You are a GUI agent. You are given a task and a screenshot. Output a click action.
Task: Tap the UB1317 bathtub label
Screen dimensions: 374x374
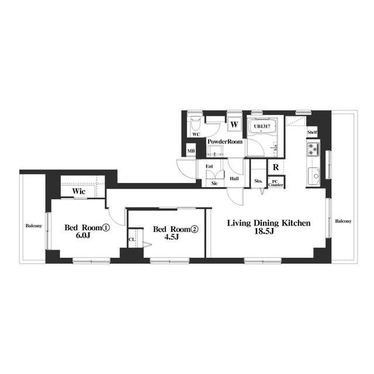coord(262,126)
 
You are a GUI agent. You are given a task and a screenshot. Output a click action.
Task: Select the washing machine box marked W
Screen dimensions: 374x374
coord(234,124)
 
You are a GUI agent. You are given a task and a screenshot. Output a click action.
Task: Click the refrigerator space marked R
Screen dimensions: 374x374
coord(276,167)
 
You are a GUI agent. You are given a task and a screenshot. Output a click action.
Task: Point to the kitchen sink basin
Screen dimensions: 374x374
coord(314,176)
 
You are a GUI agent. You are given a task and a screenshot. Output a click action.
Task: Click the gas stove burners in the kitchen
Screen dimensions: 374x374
coord(313,149)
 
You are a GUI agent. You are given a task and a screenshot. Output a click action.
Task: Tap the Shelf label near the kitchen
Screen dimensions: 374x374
coord(312,132)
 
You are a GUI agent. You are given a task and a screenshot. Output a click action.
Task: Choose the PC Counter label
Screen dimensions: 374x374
coord(276,183)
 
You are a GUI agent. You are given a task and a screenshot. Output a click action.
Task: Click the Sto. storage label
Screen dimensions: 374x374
coord(258,181)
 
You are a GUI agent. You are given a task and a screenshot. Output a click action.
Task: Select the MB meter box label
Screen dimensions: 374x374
coord(191,151)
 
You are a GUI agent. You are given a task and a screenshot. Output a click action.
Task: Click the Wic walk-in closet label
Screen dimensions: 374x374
coord(79,191)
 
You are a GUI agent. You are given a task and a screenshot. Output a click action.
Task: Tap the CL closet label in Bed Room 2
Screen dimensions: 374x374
coord(131,239)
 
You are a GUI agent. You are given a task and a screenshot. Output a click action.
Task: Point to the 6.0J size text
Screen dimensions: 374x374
coord(83,236)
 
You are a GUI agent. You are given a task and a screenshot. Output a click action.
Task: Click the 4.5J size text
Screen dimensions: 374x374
coord(172,237)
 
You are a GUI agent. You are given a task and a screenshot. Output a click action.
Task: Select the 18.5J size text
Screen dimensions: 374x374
coord(264,231)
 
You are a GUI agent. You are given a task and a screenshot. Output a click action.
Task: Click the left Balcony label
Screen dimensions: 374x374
coord(34,226)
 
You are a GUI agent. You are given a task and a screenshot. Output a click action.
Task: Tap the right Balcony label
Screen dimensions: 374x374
coord(343,221)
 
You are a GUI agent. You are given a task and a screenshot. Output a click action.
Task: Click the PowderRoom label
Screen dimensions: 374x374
coord(224,141)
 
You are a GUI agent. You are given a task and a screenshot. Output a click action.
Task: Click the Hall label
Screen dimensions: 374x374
coord(234,178)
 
